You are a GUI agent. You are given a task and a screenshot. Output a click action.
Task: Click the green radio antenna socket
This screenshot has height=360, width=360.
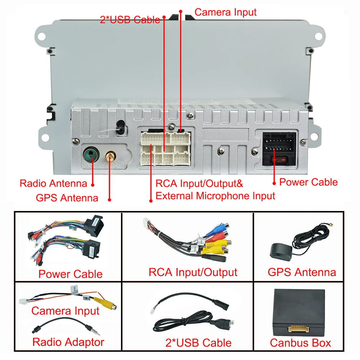coord(90,155)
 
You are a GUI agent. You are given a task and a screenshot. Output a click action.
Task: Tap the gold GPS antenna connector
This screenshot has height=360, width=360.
coord(109,156)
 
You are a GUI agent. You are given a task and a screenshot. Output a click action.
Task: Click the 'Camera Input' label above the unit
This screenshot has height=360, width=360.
coord(225,12)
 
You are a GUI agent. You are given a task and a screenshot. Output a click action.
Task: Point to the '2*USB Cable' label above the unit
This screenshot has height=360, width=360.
coord(130,20)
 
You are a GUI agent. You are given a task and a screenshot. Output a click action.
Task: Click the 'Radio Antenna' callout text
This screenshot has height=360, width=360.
coord(53,184)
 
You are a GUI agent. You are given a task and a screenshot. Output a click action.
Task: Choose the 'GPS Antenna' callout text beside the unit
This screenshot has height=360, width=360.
coord(67,198)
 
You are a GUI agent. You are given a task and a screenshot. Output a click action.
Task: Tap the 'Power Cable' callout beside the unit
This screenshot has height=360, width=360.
coord(309,182)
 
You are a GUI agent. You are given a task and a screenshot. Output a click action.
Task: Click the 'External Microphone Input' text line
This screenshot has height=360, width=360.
coord(215,196)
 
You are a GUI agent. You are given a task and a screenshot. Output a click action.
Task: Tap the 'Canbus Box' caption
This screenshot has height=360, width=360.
coord(300,343)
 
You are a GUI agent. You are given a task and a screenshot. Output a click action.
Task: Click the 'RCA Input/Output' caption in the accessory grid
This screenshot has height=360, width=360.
coord(193,272)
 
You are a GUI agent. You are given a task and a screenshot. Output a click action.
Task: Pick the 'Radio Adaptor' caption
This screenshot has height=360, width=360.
coord(68,342)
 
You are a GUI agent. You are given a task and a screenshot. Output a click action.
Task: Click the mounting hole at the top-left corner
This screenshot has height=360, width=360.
coord(40,36)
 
